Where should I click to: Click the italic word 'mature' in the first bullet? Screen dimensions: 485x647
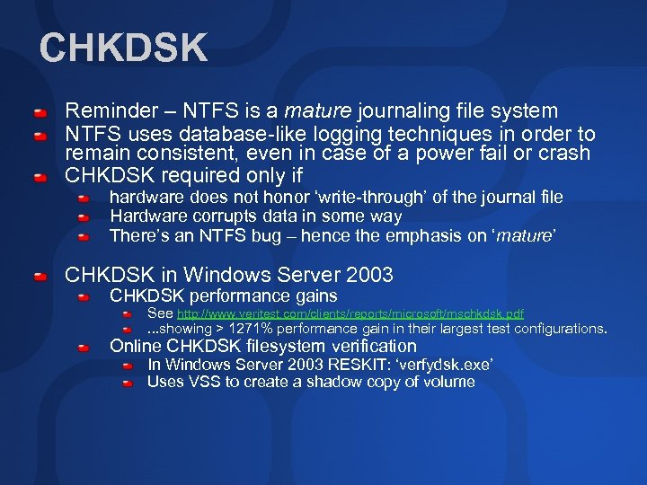318,111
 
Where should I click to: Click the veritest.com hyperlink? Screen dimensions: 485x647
350,314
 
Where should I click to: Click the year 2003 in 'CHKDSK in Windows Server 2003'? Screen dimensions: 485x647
367,275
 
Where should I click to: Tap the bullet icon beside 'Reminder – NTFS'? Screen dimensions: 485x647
40,115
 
